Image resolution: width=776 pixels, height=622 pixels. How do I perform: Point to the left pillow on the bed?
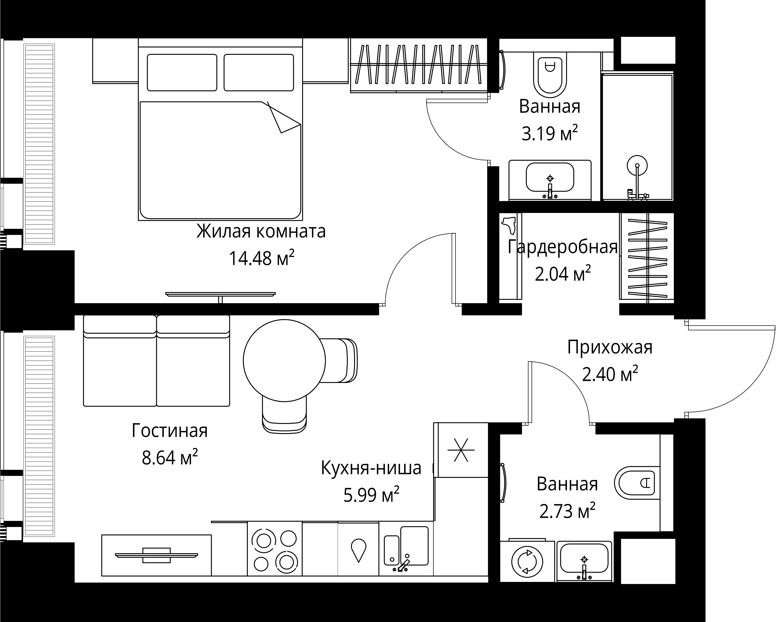pyautogui.click(x=182, y=72)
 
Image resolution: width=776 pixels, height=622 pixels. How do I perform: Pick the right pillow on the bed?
pyautogui.click(x=258, y=72)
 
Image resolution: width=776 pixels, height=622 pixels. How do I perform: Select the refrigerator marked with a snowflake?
pyautogui.click(x=461, y=450)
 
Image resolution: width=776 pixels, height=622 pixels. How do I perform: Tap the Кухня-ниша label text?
pyautogui.click(x=371, y=468)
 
